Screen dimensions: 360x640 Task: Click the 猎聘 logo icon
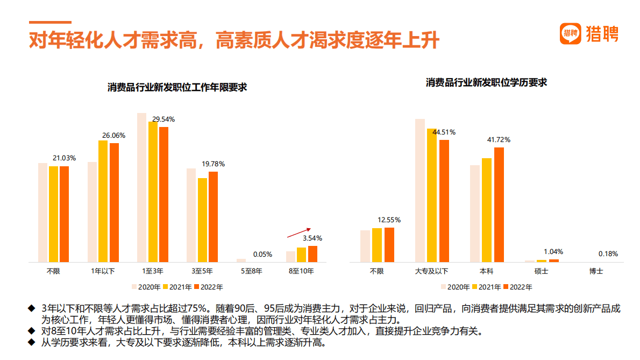coord(571,33)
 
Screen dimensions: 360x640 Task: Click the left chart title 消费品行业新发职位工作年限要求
coord(177,87)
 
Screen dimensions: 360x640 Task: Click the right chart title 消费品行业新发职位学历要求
coord(486,82)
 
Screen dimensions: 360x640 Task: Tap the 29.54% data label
coord(163,119)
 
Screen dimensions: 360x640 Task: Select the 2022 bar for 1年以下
coord(114,202)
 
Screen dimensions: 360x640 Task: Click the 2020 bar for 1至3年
coord(142,187)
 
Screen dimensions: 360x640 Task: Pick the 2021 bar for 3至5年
coord(202,220)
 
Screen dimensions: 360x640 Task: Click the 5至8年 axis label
coord(252,271)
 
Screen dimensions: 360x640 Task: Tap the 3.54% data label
coord(312,238)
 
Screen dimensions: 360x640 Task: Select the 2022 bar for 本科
coord(499,204)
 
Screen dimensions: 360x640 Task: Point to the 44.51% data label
coord(444,132)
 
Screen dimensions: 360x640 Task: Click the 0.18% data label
coord(608,253)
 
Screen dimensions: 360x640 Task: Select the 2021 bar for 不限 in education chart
coord(377,245)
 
